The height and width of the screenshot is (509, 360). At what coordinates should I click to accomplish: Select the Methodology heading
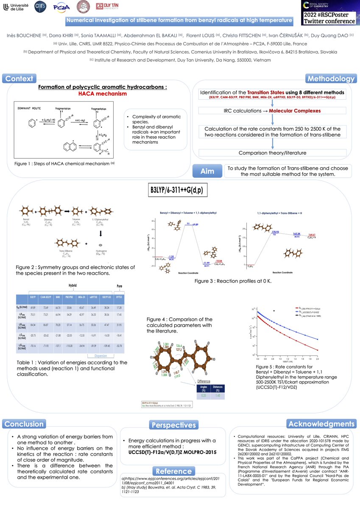click(331, 79)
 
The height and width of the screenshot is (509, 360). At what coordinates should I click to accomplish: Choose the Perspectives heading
click(173, 425)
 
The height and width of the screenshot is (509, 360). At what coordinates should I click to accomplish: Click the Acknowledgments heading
click(321, 424)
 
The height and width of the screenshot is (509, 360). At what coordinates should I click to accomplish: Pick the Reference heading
click(173, 471)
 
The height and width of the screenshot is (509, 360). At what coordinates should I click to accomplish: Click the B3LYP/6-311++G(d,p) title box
click(176, 190)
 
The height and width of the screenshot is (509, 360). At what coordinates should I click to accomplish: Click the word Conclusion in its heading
click(24, 424)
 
